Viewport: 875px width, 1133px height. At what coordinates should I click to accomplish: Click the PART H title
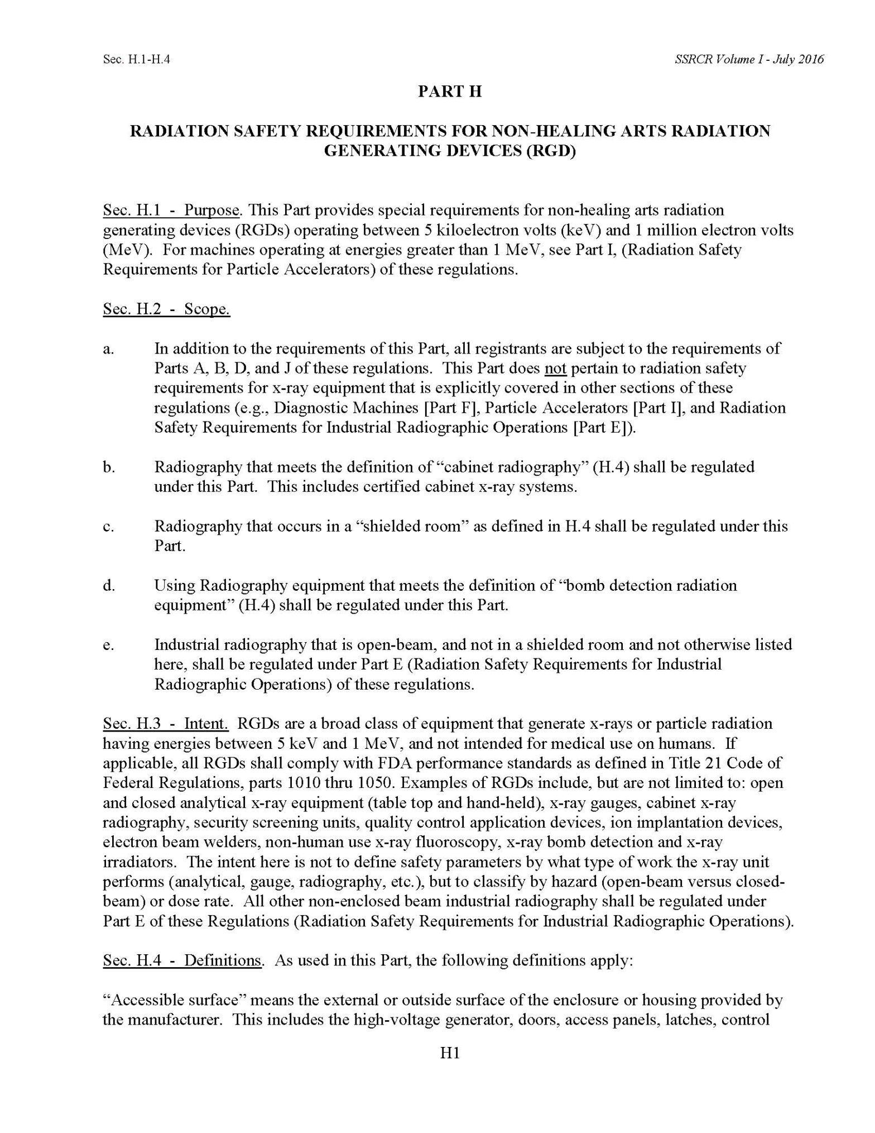pyautogui.click(x=449, y=92)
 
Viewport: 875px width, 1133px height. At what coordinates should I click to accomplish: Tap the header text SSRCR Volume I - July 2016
pyautogui.click(x=749, y=59)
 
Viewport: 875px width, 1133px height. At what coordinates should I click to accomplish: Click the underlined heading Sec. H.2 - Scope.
pyautogui.click(x=166, y=309)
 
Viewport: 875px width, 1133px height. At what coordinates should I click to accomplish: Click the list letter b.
pyautogui.click(x=108, y=467)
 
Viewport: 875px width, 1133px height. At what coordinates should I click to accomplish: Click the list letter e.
pyautogui.click(x=108, y=646)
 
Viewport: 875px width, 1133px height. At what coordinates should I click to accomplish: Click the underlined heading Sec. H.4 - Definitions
pyautogui.click(x=182, y=960)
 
